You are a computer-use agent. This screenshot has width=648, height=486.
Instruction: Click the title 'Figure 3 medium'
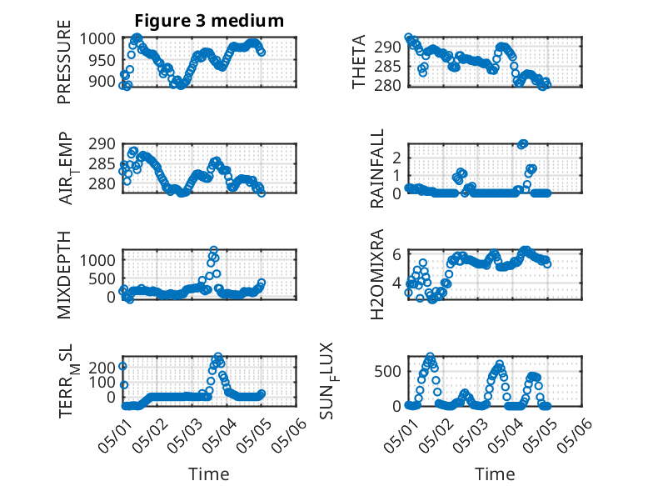click(209, 20)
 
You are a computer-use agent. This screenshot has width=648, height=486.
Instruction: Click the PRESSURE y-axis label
click(64, 62)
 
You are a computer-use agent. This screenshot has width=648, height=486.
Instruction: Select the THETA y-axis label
click(359, 62)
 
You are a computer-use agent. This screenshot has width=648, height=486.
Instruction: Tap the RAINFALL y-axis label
click(377, 168)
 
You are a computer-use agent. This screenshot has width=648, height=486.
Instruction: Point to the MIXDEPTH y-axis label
click(64, 274)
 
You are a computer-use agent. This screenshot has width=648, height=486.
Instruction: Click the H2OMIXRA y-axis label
click(377, 274)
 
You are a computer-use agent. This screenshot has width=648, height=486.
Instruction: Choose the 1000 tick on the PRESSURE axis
click(97, 39)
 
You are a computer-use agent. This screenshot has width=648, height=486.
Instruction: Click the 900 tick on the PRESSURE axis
click(102, 82)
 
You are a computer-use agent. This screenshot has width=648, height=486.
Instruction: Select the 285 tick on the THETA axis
click(387, 66)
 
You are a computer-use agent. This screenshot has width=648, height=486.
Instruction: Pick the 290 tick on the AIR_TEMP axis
click(102, 144)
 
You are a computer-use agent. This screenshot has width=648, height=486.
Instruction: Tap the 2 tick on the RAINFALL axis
click(397, 158)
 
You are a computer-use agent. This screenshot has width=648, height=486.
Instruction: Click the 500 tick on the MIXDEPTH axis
click(102, 278)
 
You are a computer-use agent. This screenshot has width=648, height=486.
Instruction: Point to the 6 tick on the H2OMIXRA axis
click(397, 254)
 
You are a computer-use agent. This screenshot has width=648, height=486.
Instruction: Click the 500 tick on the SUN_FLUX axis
click(387, 372)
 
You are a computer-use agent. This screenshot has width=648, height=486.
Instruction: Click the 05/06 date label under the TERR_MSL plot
click(289, 434)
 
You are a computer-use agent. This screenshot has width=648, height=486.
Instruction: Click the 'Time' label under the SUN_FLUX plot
click(495, 474)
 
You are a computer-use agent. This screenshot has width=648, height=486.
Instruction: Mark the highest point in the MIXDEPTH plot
click(214, 250)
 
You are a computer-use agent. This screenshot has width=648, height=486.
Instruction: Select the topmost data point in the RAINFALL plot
click(524, 143)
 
